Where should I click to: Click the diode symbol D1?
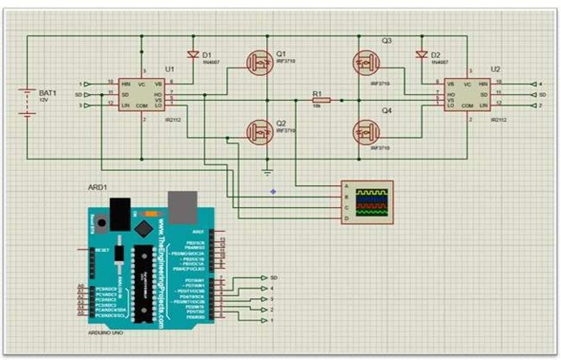193,55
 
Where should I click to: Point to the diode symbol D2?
422,55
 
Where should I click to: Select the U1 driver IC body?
143,94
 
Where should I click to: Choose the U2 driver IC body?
467,94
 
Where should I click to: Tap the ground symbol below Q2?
267,172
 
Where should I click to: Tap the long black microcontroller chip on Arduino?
143,281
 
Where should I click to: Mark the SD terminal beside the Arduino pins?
265,277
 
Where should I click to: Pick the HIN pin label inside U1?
126,83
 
